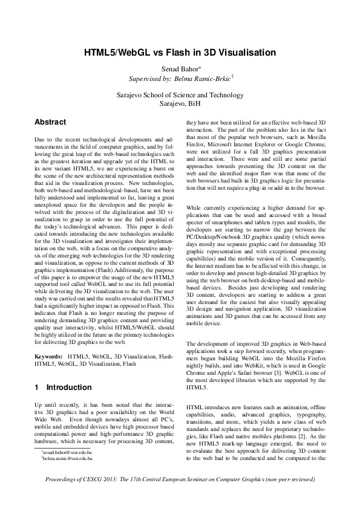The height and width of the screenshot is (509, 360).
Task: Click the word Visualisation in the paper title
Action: [x=244, y=53]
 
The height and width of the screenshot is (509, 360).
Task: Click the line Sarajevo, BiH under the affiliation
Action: [x=180, y=103]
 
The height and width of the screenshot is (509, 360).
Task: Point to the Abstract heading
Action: [x=51, y=122]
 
